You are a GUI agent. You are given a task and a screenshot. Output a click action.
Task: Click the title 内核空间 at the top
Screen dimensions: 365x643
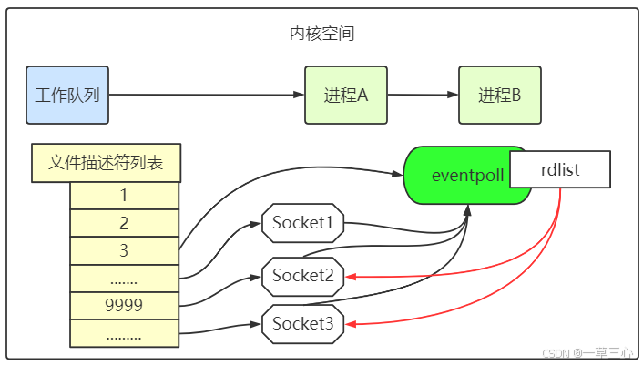coord(321,35)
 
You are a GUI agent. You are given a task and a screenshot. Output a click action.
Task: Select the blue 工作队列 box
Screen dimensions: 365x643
coord(68,95)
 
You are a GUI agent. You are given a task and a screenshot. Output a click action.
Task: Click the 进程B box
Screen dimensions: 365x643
coord(500,95)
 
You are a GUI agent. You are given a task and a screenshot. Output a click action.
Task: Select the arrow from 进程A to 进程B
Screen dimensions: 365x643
coord(423,95)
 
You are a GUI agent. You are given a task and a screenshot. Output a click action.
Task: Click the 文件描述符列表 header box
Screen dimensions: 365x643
coord(106,164)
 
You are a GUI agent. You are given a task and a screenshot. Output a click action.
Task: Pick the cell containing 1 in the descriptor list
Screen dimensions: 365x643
coord(124,196)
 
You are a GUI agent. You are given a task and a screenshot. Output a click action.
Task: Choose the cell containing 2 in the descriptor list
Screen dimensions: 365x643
coord(124,223)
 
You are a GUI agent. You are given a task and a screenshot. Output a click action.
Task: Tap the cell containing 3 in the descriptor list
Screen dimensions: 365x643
coord(124,250)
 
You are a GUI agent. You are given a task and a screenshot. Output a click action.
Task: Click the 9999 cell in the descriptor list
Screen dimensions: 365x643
coord(124,305)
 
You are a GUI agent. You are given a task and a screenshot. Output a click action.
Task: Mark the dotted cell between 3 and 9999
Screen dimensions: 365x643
coord(124,278)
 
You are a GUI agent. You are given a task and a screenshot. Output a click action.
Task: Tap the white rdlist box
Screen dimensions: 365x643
coord(559,169)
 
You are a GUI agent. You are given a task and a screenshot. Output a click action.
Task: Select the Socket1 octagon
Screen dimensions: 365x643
coord(303,221)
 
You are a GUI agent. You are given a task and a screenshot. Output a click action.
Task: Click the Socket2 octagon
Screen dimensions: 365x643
coord(303,274)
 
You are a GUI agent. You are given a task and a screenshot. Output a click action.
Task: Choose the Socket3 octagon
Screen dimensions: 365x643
coord(303,322)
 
